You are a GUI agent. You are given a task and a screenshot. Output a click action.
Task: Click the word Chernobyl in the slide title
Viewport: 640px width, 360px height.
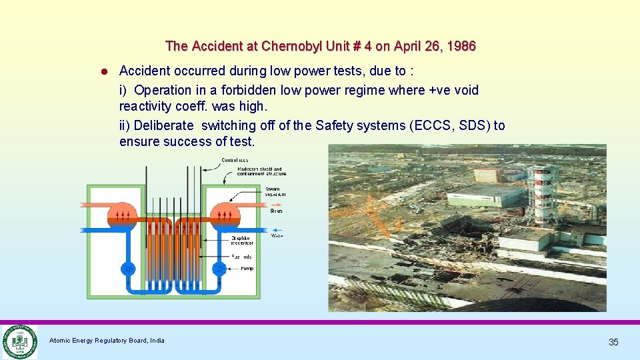(x=290, y=46)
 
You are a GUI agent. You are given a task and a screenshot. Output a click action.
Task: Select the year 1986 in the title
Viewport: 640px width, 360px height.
(x=462, y=46)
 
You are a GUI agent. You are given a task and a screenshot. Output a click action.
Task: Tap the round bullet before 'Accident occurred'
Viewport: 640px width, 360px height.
(x=105, y=71)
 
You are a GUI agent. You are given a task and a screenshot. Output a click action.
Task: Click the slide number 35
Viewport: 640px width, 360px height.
(x=613, y=342)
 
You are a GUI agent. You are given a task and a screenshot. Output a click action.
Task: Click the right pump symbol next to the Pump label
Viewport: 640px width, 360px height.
(x=219, y=269)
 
